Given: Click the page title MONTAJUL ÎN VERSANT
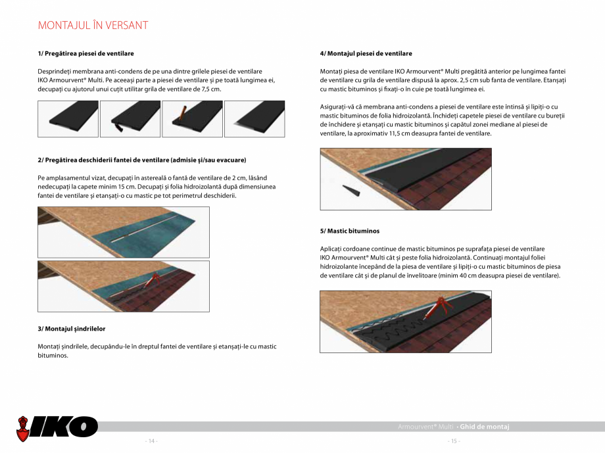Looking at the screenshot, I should click(x=93, y=26).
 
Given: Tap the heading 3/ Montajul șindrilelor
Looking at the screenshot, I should click(x=72, y=328).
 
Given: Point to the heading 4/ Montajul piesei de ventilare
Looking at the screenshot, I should click(x=366, y=53).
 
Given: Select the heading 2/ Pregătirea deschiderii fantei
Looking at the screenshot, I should click(x=142, y=160).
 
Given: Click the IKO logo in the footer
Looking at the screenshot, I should click(x=57, y=427).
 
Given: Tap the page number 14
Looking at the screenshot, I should click(x=151, y=441).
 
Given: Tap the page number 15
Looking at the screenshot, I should click(x=453, y=441).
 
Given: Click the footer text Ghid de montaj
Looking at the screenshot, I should click(x=485, y=427).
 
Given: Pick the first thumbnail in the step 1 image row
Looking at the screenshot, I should click(x=68, y=119).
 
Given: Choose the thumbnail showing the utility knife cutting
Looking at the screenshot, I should click(x=192, y=119).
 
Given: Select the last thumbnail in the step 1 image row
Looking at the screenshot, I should click(x=254, y=119).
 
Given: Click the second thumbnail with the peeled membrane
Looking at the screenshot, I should click(x=130, y=119).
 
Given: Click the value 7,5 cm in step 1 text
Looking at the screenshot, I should click(x=210, y=89).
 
